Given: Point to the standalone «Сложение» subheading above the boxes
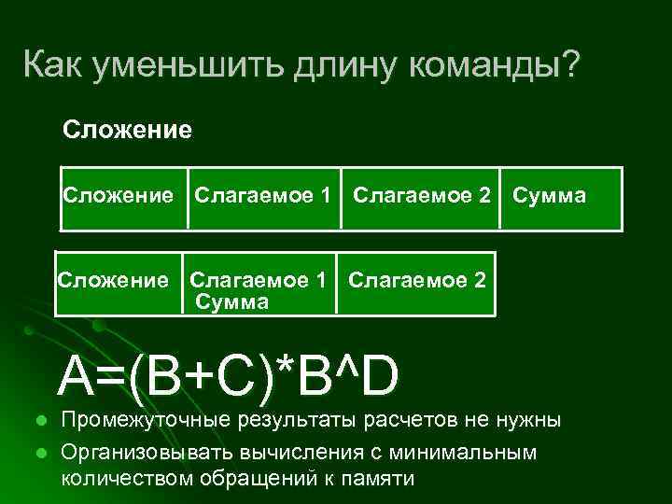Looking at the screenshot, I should tap(127, 129).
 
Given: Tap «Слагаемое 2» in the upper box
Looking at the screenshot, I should tap(422, 196).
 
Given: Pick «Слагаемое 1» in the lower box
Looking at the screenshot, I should tap(259, 280).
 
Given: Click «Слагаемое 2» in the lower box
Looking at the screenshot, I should tap(416, 280).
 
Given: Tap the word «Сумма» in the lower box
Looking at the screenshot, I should tap(231, 301).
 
